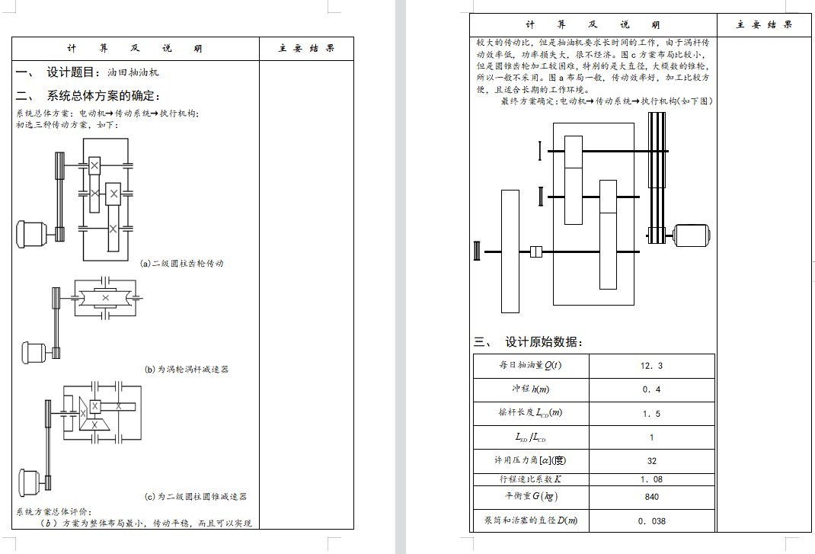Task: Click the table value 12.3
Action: point(651,366)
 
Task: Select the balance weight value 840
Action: point(651,497)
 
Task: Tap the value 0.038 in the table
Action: point(651,521)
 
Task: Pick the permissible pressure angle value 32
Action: point(651,461)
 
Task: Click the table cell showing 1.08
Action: point(651,479)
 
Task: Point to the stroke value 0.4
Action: point(651,389)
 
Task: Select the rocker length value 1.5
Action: point(651,414)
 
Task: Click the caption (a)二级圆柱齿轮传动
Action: point(182,264)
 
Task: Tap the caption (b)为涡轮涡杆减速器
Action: point(187,370)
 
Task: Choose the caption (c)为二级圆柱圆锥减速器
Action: point(196,497)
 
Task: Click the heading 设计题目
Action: point(73,72)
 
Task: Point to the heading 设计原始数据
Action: point(544,342)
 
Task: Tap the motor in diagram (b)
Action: point(35,352)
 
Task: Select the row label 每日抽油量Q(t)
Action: point(531,366)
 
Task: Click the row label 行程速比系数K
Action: point(531,479)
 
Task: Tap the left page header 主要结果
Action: point(306,49)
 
